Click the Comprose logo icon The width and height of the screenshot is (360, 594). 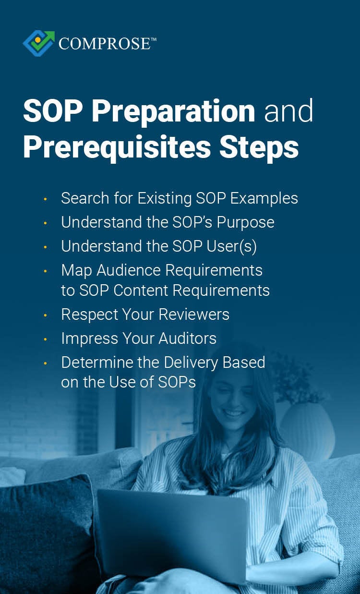39,43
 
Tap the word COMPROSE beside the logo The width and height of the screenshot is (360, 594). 104,44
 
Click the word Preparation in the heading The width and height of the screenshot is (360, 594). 173,111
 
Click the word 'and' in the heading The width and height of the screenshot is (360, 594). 289,111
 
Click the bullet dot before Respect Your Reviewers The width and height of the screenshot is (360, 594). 45,315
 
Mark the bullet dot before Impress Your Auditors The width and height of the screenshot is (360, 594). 45,339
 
